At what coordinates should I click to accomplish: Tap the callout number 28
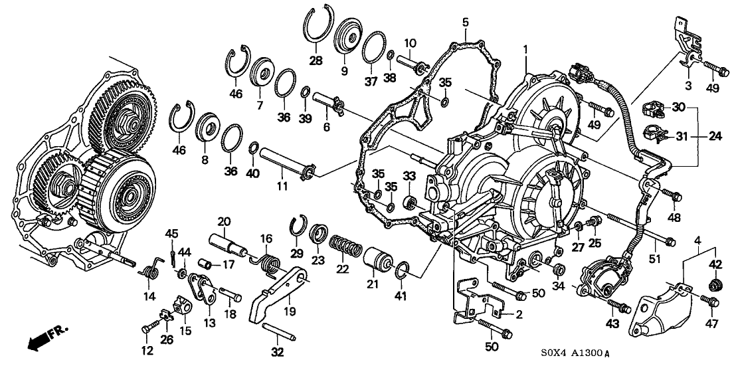click(x=315, y=60)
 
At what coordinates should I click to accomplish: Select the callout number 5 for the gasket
click(x=466, y=21)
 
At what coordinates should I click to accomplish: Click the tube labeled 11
click(x=284, y=165)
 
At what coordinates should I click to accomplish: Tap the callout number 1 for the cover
click(x=525, y=48)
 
